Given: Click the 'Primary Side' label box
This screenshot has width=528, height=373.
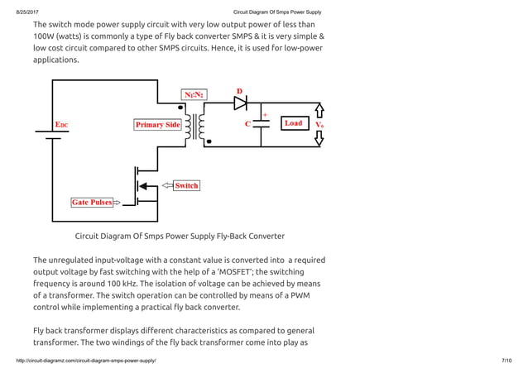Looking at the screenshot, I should (157, 124).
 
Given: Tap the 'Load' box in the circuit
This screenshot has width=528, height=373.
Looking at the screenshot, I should (293, 123).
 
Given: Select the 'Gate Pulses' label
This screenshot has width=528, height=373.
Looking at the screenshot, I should (91, 202).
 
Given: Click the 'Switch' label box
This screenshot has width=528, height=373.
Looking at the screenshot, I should (186, 185).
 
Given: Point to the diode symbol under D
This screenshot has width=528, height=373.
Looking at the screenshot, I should (241, 103).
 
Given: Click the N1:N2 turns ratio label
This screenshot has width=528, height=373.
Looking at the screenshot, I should (196, 95).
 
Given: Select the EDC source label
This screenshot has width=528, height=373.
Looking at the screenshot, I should (62, 124).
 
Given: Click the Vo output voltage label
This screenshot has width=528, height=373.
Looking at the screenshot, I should (319, 125).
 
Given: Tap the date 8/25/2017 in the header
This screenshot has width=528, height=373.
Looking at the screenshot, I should (27, 12).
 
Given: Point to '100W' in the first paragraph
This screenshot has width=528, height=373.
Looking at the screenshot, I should (46, 37).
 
